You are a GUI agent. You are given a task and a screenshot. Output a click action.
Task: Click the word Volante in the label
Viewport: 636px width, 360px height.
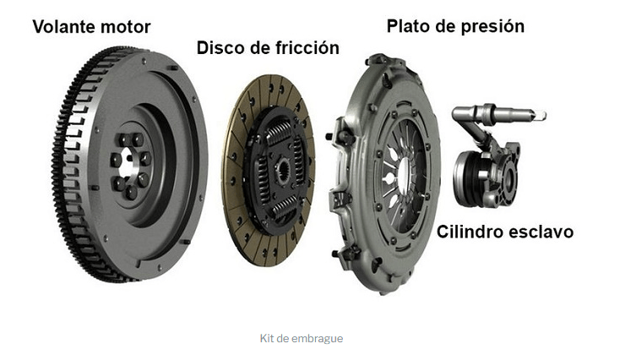coord(64,27)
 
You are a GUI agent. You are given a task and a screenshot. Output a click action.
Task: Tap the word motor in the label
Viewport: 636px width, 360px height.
coord(126,27)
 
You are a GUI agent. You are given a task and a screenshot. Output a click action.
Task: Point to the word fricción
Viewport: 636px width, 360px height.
coord(307,48)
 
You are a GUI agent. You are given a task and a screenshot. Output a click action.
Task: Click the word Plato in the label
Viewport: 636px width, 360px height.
coord(409,26)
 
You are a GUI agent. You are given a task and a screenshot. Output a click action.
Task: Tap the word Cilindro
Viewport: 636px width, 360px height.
coord(470,232)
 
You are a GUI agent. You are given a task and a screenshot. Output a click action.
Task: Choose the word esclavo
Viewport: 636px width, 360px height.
coord(541,232)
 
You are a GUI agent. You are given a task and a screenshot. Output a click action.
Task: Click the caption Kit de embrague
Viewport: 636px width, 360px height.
coord(302,339)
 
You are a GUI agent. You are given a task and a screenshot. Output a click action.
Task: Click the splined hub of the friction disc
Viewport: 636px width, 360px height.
coord(283,171)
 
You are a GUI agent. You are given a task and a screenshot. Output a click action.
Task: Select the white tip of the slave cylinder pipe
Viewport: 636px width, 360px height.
coord(541,116)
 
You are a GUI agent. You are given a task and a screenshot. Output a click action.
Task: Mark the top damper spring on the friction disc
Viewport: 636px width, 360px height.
coord(279,134)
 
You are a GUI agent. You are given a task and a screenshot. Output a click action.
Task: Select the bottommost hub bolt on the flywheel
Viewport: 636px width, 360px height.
coord(131,192)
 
